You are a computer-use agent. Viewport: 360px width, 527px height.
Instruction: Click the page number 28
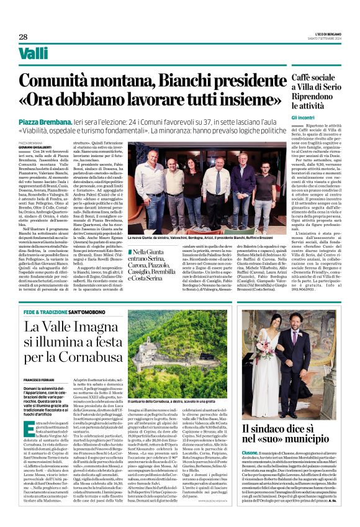click(x=23, y=37)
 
